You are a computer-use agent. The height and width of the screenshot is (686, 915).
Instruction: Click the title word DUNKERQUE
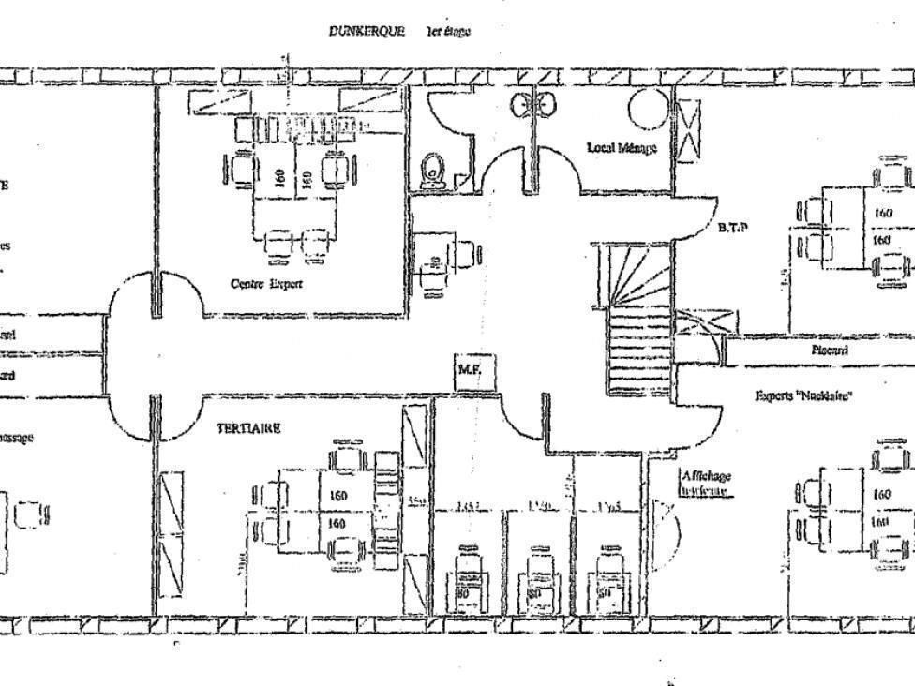click(x=367, y=31)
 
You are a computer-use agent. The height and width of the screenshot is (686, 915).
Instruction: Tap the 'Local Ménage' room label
click(x=622, y=147)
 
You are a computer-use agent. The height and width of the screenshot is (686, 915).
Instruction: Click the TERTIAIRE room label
click(x=248, y=427)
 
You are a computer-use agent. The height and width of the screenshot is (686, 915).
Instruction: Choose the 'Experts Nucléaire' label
click(x=803, y=395)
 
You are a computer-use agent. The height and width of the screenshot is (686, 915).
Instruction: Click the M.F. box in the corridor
click(x=470, y=370)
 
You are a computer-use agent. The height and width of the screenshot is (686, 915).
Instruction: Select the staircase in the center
click(x=637, y=319)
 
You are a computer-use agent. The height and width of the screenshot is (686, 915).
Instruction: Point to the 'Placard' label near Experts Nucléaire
click(x=829, y=350)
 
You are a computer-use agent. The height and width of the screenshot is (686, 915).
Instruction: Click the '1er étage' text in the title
click(x=448, y=31)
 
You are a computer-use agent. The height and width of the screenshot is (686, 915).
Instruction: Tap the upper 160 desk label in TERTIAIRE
click(x=338, y=495)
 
